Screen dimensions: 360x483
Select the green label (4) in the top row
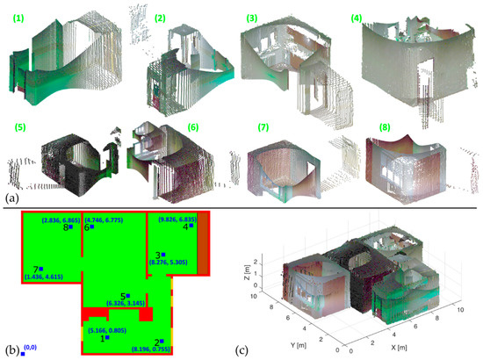click(357, 17)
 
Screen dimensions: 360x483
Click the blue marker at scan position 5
click(128, 296)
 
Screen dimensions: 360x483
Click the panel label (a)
click(10, 197)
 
